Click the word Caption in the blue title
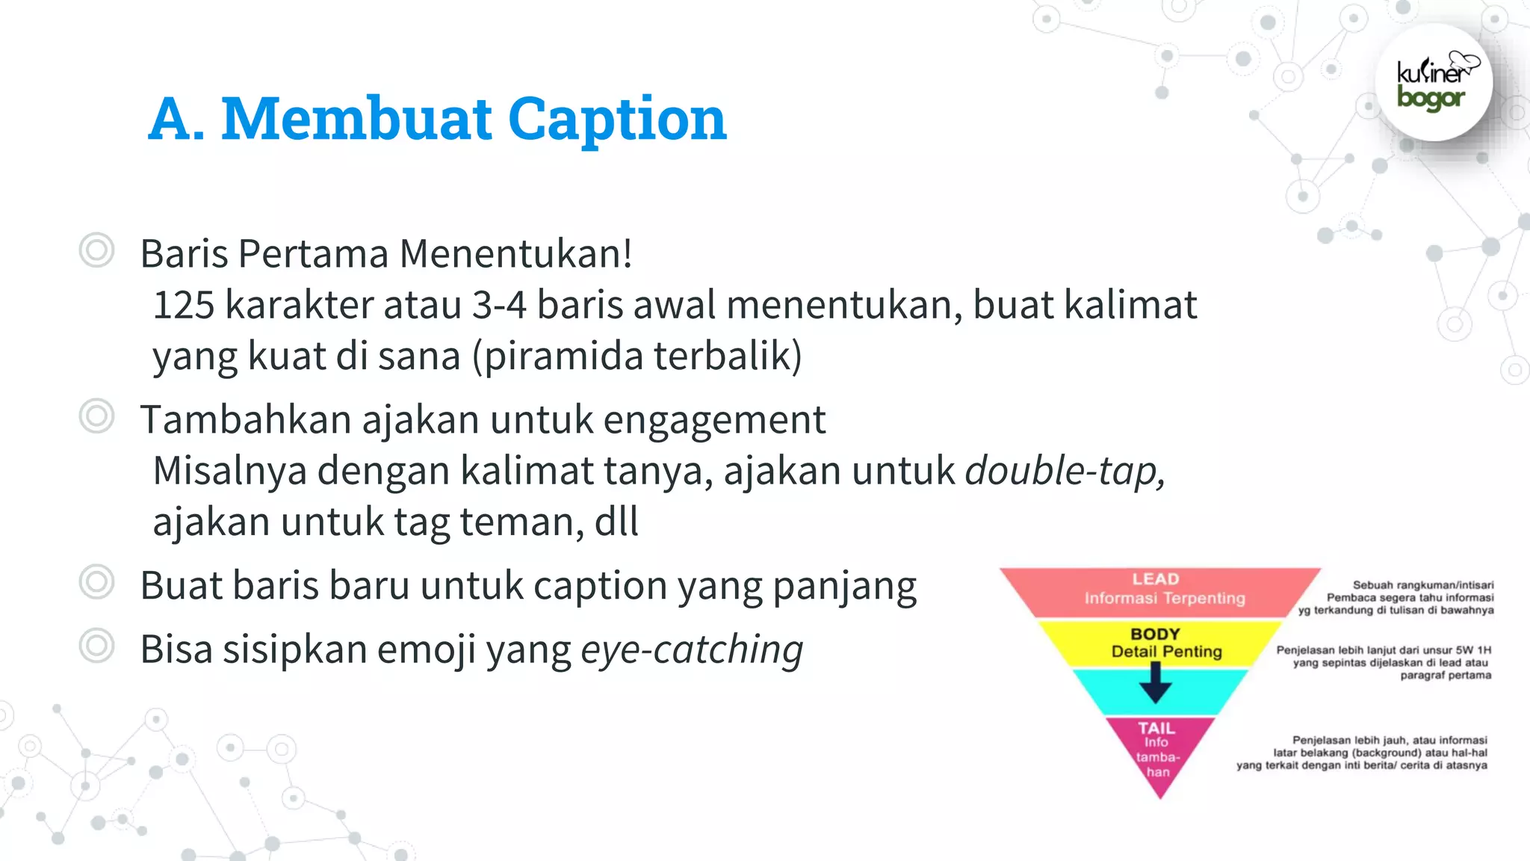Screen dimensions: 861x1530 pyautogui.click(x=617, y=120)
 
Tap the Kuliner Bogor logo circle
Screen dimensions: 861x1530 pyautogui.click(x=1433, y=83)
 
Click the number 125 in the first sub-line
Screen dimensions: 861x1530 pyautogui.click(x=184, y=306)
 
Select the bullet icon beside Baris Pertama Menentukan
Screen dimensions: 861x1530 pyautogui.click(x=97, y=250)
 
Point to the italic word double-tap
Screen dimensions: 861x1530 pyautogui.click(x=1064, y=472)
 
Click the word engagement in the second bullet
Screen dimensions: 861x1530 pyautogui.click(x=714, y=420)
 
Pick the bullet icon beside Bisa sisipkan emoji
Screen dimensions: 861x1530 pyautogui.click(x=97, y=646)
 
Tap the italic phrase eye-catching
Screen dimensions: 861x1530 pyautogui.click(x=692, y=649)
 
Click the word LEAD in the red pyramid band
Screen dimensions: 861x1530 pyautogui.click(x=1155, y=579)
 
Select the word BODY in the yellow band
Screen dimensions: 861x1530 pyautogui.click(x=1155, y=634)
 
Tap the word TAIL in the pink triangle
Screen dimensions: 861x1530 pyautogui.click(x=1156, y=728)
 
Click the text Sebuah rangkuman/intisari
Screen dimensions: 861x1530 pyautogui.click(x=1423, y=585)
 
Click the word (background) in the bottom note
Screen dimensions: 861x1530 pyautogui.click(x=1387, y=753)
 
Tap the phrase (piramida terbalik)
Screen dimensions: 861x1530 pyautogui.click(x=637, y=357)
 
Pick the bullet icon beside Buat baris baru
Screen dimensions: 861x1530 pyautogui.click(x=97, y=582)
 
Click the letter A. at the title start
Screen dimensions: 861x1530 pyautogui.click(x=176, y=120)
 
